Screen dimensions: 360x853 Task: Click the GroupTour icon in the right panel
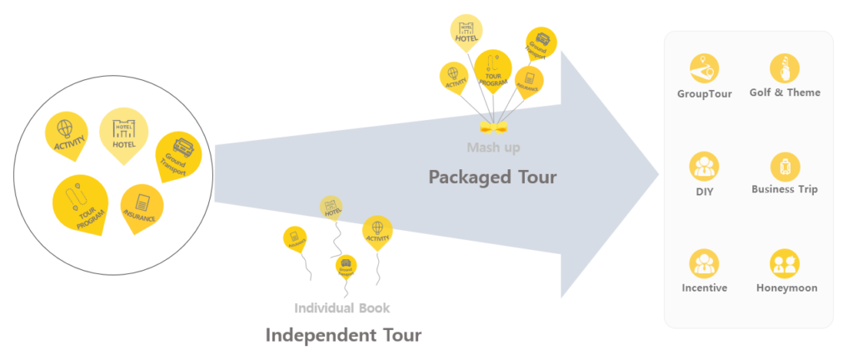point(705,68)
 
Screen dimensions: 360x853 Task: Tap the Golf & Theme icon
point(785,68)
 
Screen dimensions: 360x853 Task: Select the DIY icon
point(705,166)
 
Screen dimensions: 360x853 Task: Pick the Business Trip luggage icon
point(785,166)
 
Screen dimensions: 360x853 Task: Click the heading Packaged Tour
point(492,177)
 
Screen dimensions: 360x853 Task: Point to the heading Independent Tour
point(343,335)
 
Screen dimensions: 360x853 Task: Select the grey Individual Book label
point(342,307)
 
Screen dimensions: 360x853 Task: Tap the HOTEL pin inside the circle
point(123,130)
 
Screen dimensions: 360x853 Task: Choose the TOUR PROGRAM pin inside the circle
point(80,202)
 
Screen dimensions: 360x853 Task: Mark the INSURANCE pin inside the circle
point(141,204)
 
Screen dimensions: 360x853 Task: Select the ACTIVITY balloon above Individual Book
point(377,230)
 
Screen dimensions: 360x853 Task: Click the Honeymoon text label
point(786,288)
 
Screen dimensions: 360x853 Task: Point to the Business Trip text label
point(785,189)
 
